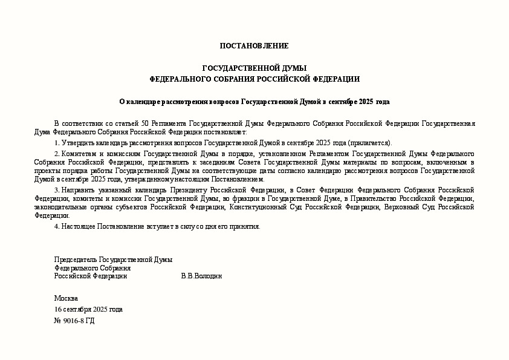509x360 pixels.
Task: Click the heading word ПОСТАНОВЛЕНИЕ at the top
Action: tap(254, 46)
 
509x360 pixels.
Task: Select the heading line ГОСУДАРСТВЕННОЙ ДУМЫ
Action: tap(254, 68)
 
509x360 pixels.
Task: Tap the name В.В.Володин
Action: tap(201, 276)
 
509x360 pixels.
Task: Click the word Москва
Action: tap(66, 298)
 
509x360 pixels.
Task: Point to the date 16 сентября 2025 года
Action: tap(88, 309)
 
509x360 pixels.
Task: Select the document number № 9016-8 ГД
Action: tap(74, 321)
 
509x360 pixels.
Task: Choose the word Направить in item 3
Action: tap(78, 190)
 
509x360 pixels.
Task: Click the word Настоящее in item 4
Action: tap(78, 226)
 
